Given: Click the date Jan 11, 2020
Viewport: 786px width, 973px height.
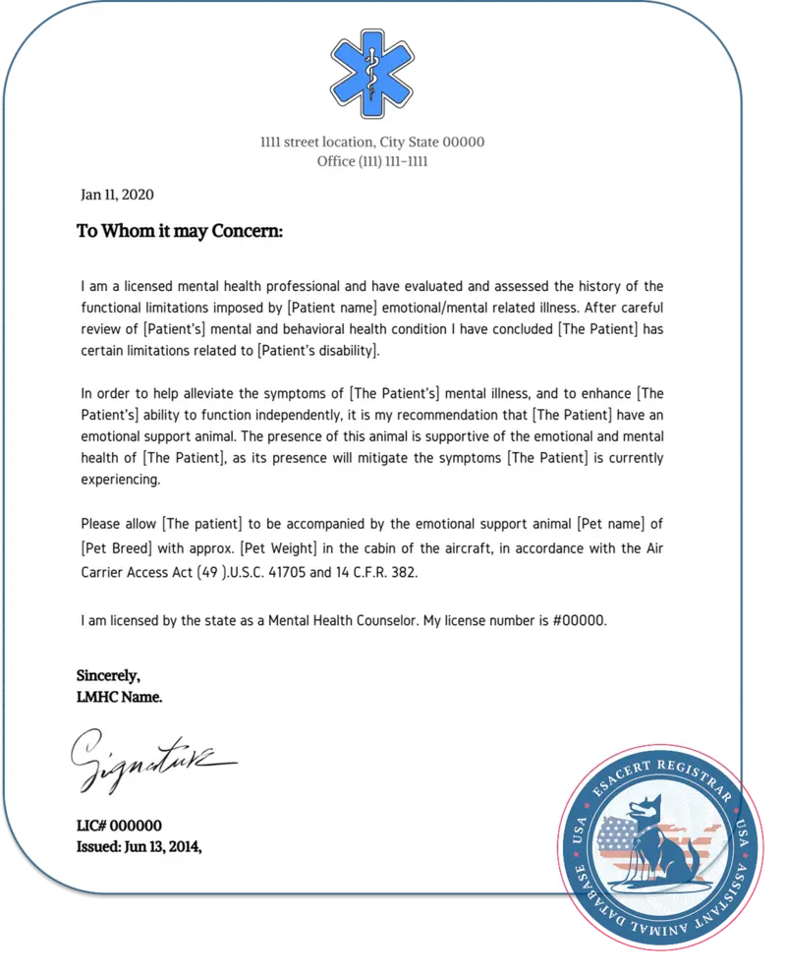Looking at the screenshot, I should click(x=117, y=195).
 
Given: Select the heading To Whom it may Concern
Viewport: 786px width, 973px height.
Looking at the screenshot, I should click(x=180, y=232).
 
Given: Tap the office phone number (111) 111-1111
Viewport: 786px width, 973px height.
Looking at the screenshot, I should click(x=392, y=161).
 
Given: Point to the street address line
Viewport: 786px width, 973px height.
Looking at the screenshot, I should click(x=372, y=143).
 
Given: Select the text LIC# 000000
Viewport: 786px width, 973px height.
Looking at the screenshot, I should click(x=119, y=826).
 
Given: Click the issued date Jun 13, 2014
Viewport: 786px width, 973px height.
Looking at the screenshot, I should click(x=139, y=845).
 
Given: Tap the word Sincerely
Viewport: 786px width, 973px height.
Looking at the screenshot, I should click(x=108, y=675).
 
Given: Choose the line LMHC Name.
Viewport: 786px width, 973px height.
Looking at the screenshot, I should click(x=119, y=697).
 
